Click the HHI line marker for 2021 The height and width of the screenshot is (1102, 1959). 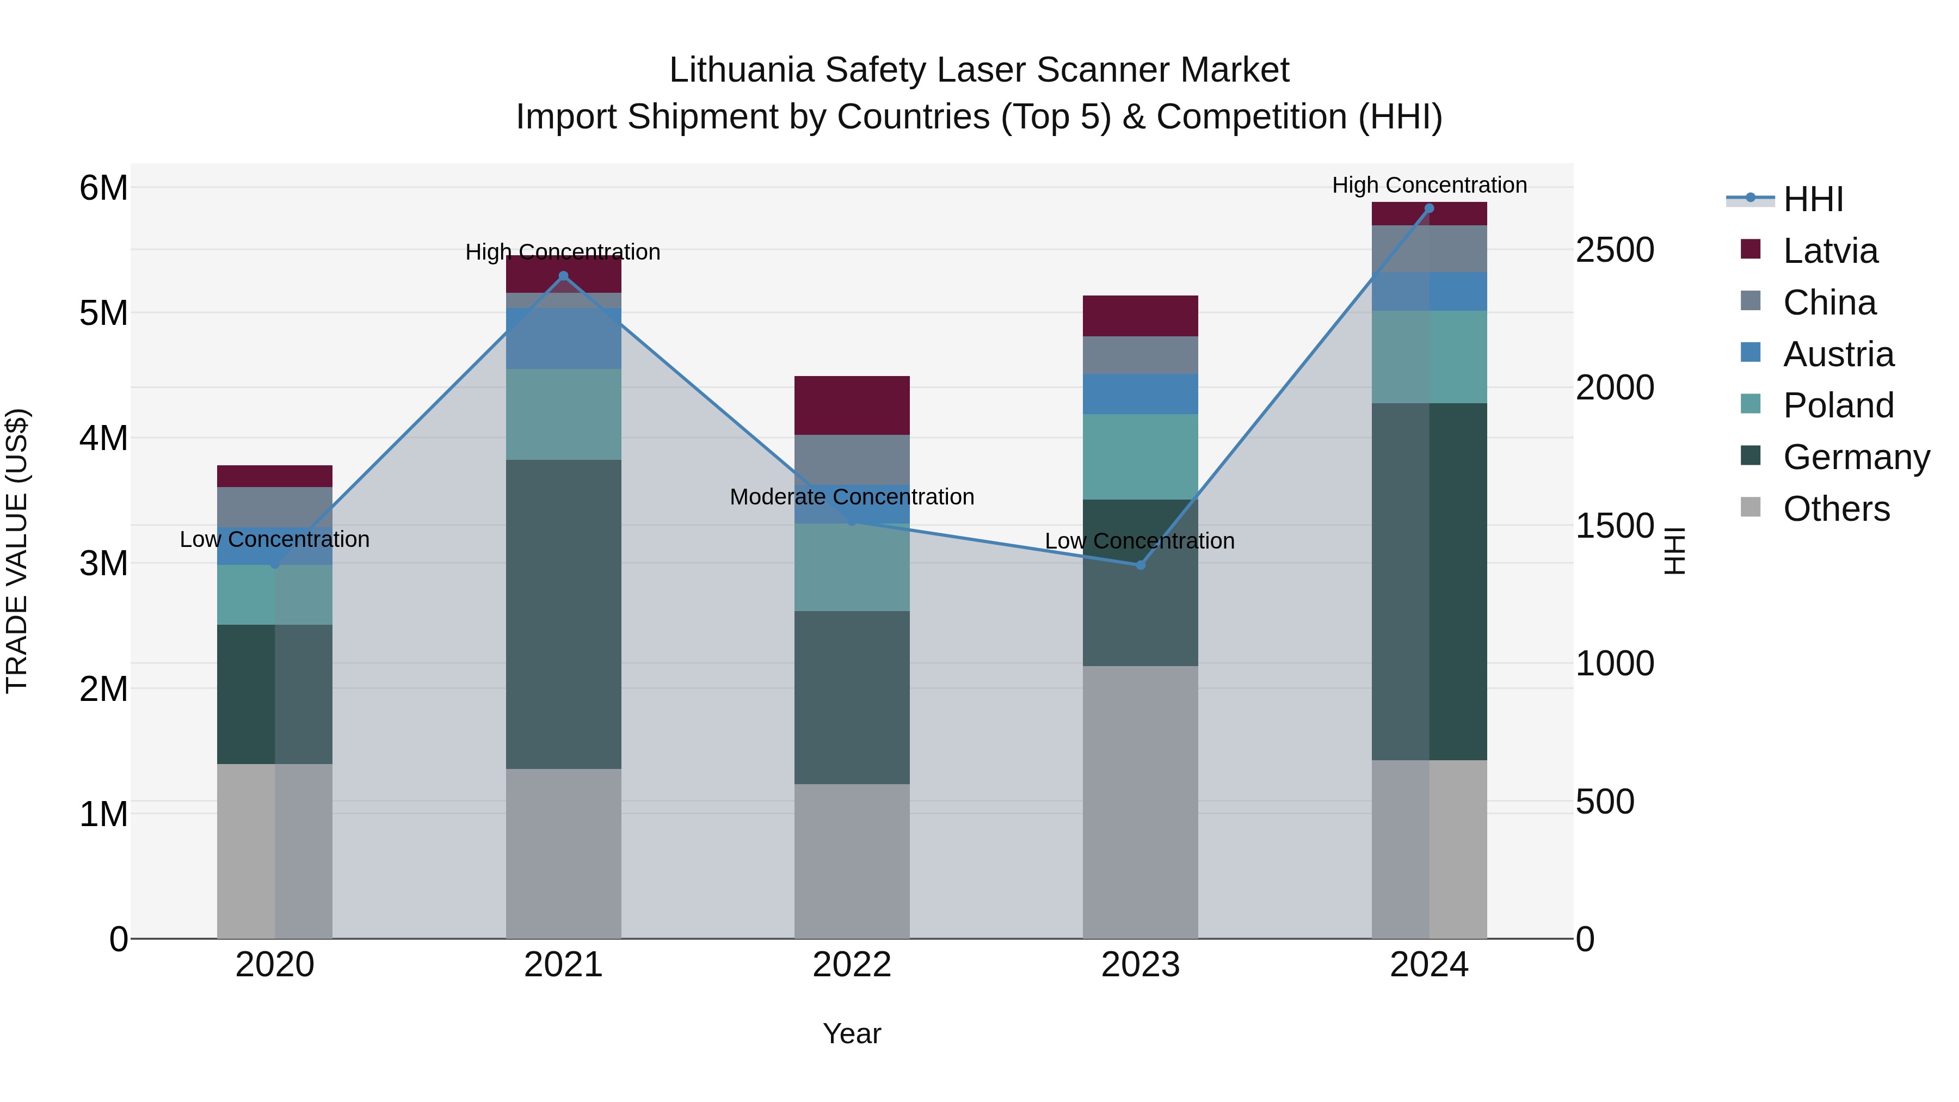(564, 276)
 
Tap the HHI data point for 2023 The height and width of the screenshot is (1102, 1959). (1140, 565)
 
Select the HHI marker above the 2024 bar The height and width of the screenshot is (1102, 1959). (1429, 208)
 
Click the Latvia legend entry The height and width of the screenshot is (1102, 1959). (1829, 251)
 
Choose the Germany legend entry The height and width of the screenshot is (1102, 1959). (1856, 457)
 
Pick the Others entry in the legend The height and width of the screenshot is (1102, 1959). (1836, 509)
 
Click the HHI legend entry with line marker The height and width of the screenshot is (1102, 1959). (1812, 199)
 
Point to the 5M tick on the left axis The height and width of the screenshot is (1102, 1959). (103, 312)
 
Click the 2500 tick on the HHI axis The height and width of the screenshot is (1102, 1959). (1615, 250)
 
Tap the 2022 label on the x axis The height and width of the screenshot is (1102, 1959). (852, 965)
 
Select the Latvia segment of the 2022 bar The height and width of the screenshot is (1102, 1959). (852, 405)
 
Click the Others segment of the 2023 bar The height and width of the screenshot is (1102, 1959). (1140, 802)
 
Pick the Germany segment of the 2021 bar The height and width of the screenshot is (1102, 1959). (564, 614)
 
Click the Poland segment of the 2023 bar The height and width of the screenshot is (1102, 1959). (1140, 457)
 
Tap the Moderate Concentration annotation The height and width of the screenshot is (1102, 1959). (852, 497)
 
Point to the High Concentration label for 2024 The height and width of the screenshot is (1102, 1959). (1429, 185)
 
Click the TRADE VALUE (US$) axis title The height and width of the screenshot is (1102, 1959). (17, 551)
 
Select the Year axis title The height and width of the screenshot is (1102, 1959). (852, 1033)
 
